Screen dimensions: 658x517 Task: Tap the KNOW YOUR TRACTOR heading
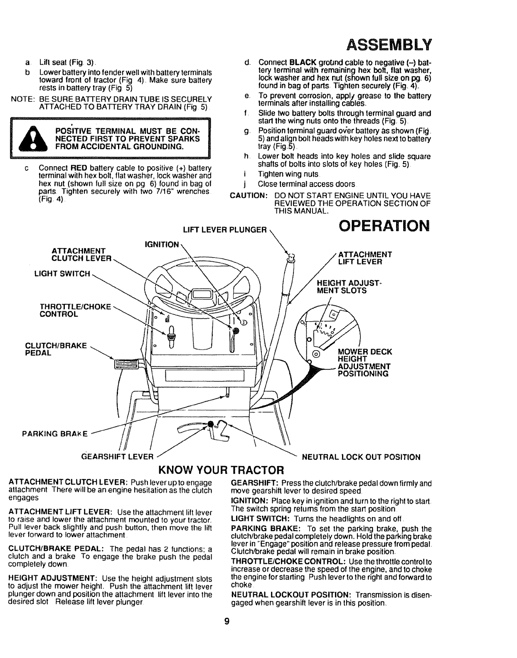[x=222, y=471]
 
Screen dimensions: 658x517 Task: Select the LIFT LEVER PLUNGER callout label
[x=224, y=230]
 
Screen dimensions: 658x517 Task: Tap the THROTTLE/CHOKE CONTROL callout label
[x=75, y=310]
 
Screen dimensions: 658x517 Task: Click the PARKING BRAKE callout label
[x=54, y=435]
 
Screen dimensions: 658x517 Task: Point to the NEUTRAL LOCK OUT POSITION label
[x=361, y=457]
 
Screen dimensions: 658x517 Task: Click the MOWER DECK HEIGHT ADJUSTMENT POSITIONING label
[x=365, y=363]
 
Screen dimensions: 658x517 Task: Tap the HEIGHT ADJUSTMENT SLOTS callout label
[x=342, y=287]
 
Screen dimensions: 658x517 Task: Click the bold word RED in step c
[x=78, y=168]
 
